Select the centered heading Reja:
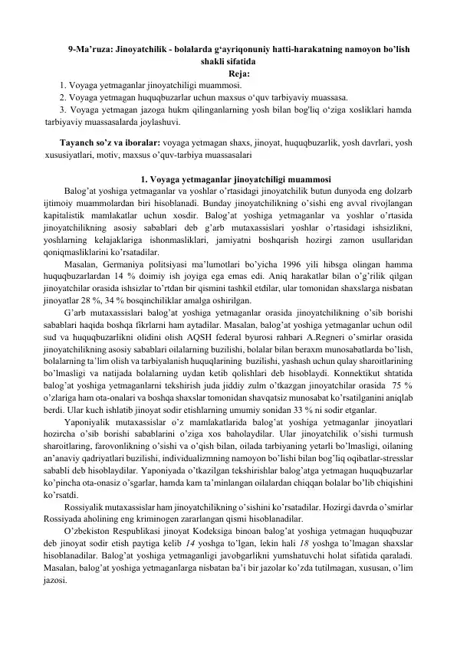point(228,74)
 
